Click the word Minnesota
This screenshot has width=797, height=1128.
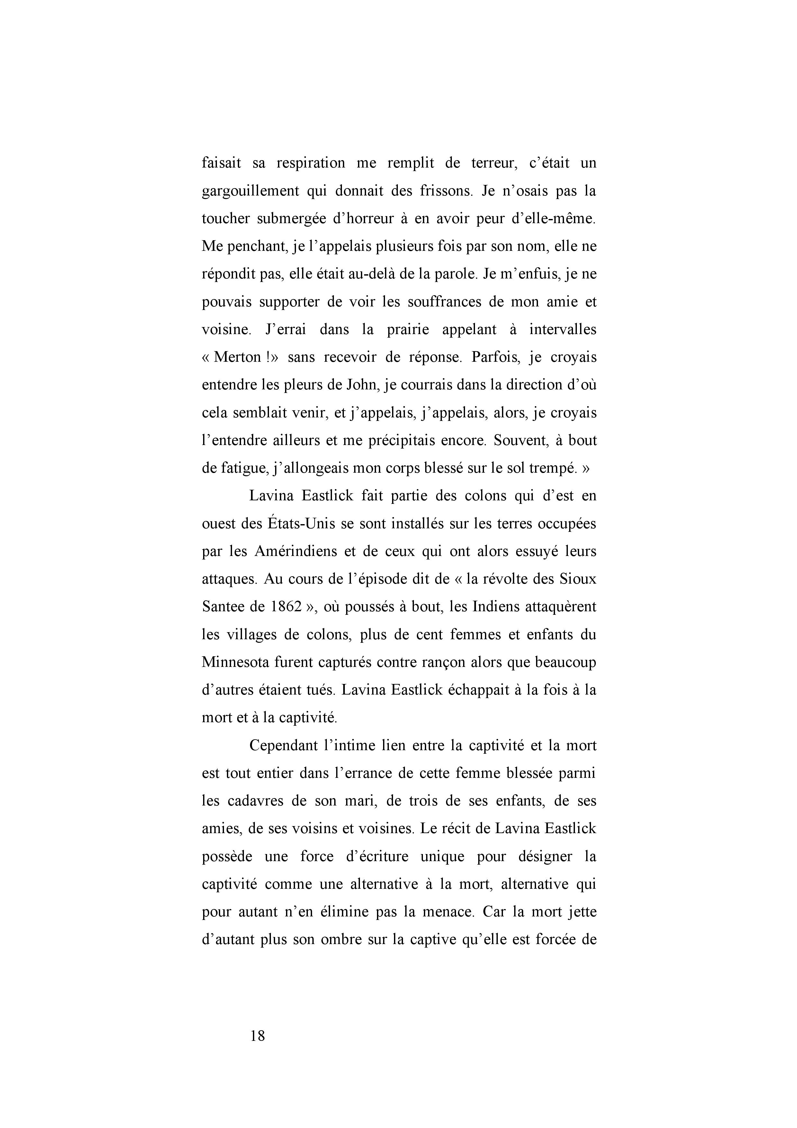(x=235, y=662)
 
